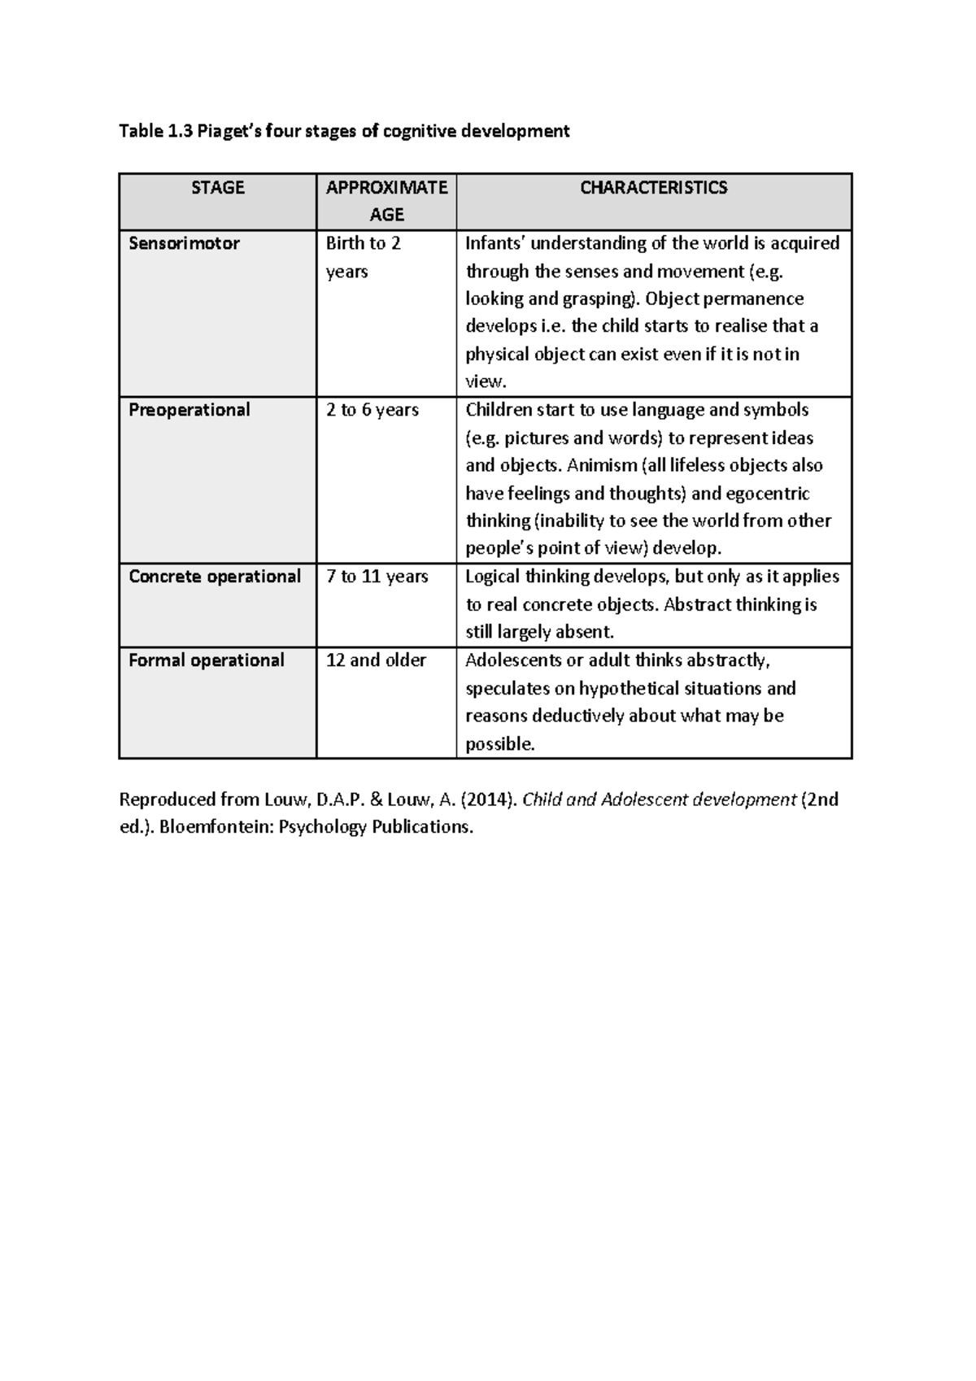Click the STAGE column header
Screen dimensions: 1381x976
(x=217, y=188)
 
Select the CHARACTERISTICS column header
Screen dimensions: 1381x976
(x=653, y=188)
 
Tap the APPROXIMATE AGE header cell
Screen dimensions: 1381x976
(x=386, y=201)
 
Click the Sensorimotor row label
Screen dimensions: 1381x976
(x=184, y=243)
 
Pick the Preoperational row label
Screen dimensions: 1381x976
(x=189, y=410)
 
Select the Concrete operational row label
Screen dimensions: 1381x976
(x=215, y=577)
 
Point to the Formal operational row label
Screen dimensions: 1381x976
(x=207, y=660)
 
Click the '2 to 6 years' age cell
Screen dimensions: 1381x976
(x=372, y=410)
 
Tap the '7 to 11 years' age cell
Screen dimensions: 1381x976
(x=377, y=577)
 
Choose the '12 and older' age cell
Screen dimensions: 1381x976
(x=376, y=660)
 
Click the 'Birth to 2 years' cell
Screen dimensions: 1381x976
(x=363, y=257)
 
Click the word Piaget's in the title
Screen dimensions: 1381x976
(x=229, y=131)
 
